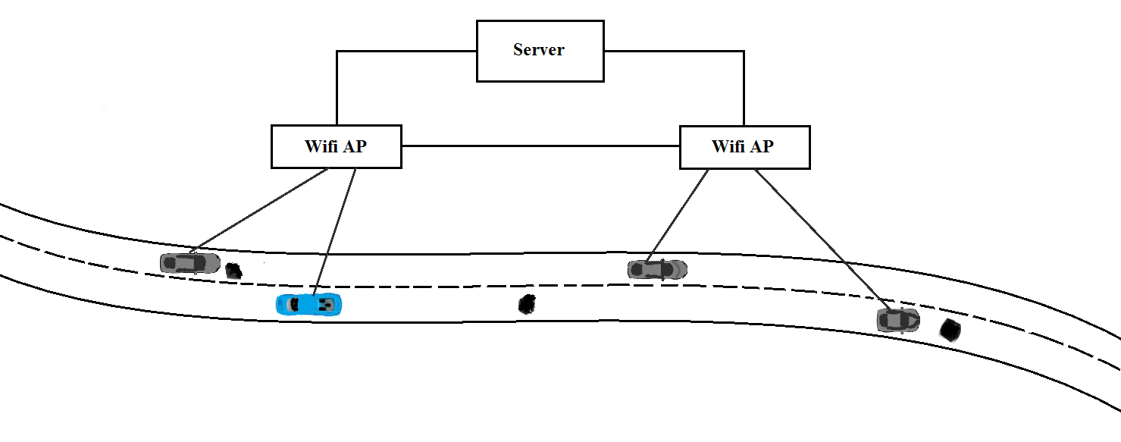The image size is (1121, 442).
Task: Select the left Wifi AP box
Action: pyautogui.click(x=336, y=157)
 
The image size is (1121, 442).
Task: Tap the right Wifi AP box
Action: pyautogui.click(x=744, y=157)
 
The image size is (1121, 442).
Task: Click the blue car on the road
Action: pyautogui.click(x=309, y=304)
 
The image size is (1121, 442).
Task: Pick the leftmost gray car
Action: pyautogui.click(x=189, y=263)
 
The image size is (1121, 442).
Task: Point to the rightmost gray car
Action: pyautogui.click(x=898, y=320)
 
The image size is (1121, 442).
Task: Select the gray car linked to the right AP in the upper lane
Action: pyautogui.click(x=657, y=269)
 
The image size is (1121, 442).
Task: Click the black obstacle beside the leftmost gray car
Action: pyautogui.click(x=234, y=270)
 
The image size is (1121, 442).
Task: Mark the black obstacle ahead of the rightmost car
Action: pyautogui.click(x=950, y=330)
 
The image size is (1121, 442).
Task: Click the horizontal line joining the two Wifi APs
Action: pyautogui.click(x=540, y=146)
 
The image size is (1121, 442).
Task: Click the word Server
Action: pyautogui.click(x=539, y=50)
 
